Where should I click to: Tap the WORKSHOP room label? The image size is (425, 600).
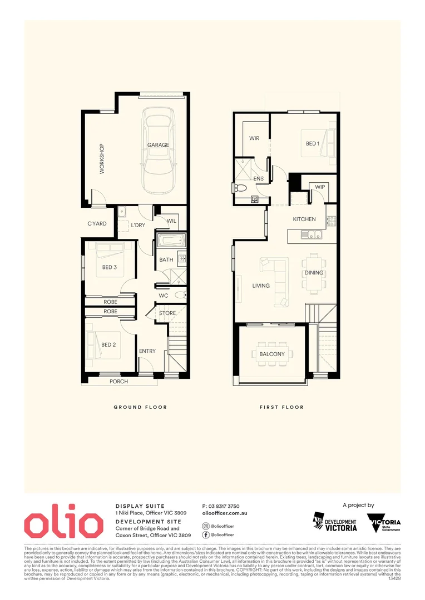(x=102, y=159)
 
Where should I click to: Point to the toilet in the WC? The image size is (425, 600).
(x=180, y=295)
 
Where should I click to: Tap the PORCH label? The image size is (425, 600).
(x=119, y=382)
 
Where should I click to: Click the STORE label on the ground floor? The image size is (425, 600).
(x=167, y=313)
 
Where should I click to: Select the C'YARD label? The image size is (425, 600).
(x=97, y=224)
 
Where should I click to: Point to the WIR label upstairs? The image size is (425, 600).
(x=254, y=138)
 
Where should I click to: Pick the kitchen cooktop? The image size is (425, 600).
(x=331, y=221)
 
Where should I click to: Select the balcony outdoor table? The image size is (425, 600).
(x=272, y=354)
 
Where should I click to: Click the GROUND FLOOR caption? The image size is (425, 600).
(x=140, y=407)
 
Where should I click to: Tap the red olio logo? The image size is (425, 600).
(x=63, y=523)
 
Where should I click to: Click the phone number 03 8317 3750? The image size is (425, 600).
(x=221, y=506)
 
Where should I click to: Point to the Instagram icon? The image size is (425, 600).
(x=206, y=525)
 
